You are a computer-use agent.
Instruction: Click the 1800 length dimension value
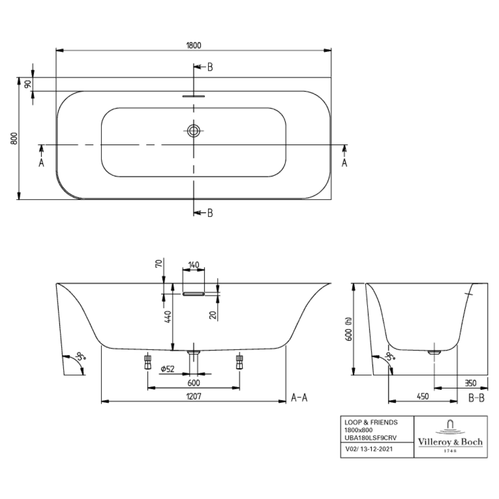click(194, 45)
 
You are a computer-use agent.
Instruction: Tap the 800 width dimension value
click(14, 138)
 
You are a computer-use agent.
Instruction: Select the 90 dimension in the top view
click(28, 84)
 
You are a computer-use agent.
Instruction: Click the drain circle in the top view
click(193, 131)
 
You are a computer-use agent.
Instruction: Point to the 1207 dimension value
click(193, 396)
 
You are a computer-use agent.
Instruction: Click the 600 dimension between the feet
click(193, 383)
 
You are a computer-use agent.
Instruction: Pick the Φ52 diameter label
click(168, 369)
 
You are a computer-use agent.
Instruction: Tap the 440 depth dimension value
click(168, 316)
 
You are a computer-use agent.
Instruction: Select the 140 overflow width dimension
click(193, 265)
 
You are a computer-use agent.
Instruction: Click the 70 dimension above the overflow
click(159, 263)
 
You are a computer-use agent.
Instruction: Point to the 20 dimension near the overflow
click(213, 315)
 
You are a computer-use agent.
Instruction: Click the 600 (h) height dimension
click(349, 329)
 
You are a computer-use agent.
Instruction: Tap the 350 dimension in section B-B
click(470, 383)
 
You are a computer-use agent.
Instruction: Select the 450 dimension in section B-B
click(423, 396)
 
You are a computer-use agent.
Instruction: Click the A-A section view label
click(299, 398)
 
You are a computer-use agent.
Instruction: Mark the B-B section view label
click(477, 398)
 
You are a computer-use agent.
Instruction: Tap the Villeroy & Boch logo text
click(450, 442)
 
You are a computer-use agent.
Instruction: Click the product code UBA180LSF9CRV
click(371, 437)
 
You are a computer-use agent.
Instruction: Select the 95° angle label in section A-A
click(81, 357)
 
